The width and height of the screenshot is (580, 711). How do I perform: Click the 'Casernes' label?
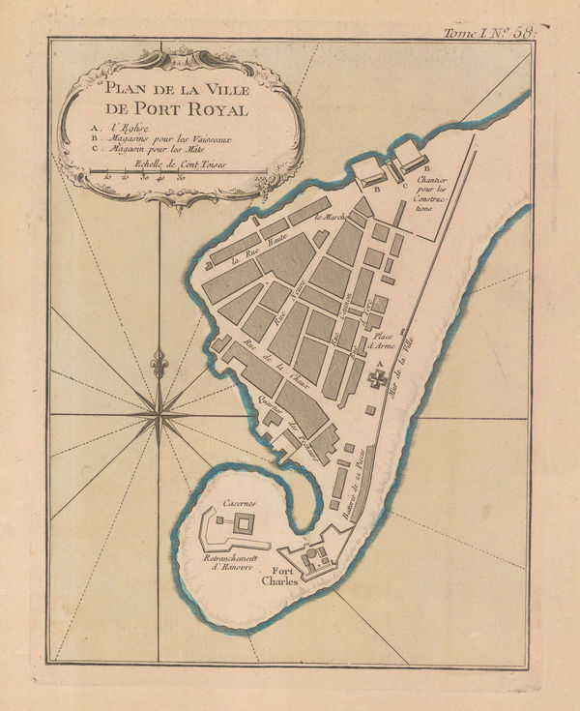tap(238, 504)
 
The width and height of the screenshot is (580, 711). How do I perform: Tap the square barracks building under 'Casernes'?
tap(246, 526)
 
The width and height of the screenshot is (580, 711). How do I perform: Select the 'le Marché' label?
tap(331, 217)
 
